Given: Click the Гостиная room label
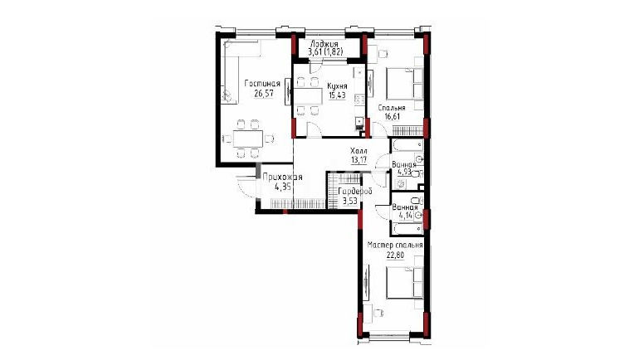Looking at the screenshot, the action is click(262, 84).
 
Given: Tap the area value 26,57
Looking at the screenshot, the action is click(264, 93).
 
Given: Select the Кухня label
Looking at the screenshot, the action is click(337, 86).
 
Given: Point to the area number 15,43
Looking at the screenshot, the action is click(337, 95).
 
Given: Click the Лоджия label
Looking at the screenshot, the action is click(324, 44).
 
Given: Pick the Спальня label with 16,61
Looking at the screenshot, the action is click(391, 108).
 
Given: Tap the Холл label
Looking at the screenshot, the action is click(359, 151).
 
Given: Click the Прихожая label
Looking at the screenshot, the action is click(282, 178).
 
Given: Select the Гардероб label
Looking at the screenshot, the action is click(355, 192).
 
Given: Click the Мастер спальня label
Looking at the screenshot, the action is click(395, 246).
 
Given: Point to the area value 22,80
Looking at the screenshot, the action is click(395, 255).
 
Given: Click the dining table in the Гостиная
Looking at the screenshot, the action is click(248, 139).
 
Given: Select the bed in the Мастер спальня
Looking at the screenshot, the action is click(405, 283).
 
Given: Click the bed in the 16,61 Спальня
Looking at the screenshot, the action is click(405, 84).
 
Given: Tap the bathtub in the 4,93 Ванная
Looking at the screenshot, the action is click(407, 144).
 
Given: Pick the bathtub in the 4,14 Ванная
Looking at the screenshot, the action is click(407, 228).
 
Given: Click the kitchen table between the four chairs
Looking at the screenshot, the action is click(307, 96).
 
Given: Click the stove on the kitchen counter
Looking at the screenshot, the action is click(359, 100).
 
